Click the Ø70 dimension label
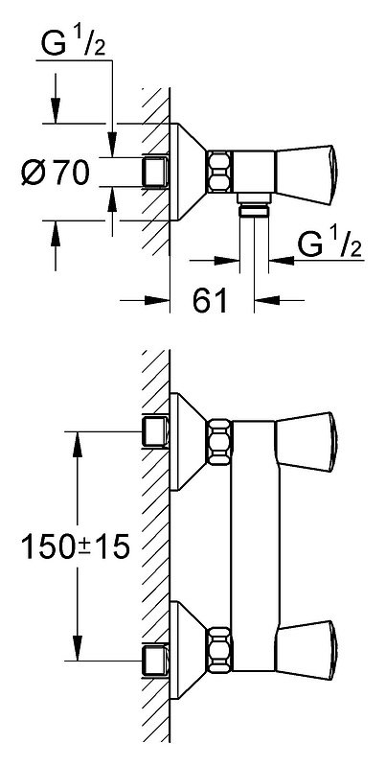tap(56, 173)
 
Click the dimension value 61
tap(211, 300)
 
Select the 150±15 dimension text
tap(75, 546)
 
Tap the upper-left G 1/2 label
tap(73, 44)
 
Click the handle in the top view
tap(307, 174)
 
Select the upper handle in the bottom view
tap(307, 442)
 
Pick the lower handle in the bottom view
tap(307, 650)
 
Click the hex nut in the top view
tap(219, 172)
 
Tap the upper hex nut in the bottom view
tap(219, 442)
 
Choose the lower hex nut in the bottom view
tap(219, 650)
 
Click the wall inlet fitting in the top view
tap(155, 172)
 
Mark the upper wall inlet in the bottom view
tap(155, 431)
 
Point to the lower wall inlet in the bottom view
tap(155, 661)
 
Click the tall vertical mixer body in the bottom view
tap(255, 545)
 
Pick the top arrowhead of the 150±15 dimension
tap(77, 444)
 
